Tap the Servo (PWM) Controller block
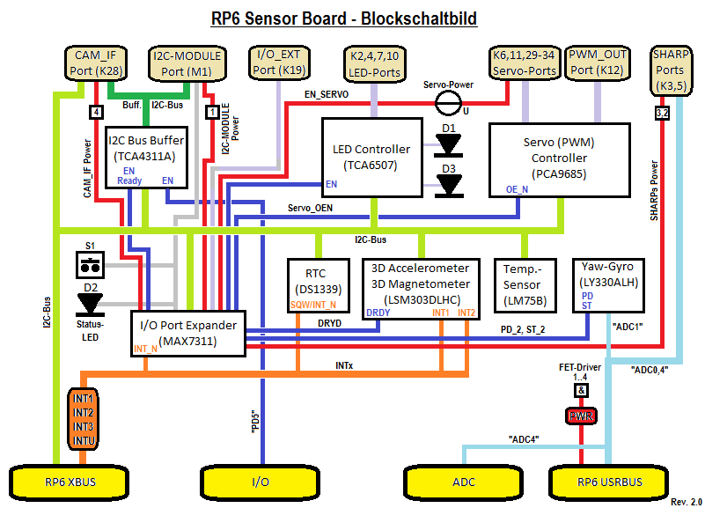pyautogui.click(x=559, y=159)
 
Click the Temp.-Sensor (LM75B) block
pyautogui.click(x=524, y=284)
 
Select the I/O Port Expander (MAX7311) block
pyautogui.click(x=187, y=333)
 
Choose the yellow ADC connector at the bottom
pyautogui.click(x=464, y=482)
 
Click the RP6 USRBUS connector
pyautogui.click(x=607, y=482)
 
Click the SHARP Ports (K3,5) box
pyautogui.click(x=671, y=70)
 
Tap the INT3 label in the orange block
pyautogui.click(x=84, y=426)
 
